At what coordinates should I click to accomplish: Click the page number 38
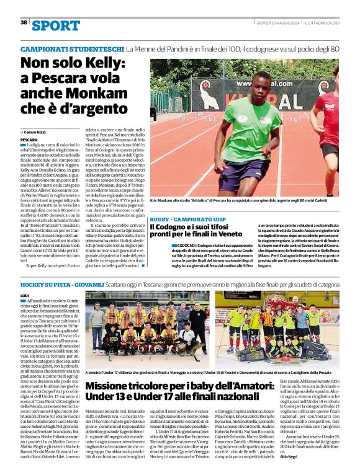[x=24, y=22]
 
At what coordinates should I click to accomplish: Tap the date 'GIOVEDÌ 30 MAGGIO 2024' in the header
[x=277, y=22]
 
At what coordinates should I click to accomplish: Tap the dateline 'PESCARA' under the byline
[x=30, y=140]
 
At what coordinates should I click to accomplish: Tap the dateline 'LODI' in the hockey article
[x=25, y=296]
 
